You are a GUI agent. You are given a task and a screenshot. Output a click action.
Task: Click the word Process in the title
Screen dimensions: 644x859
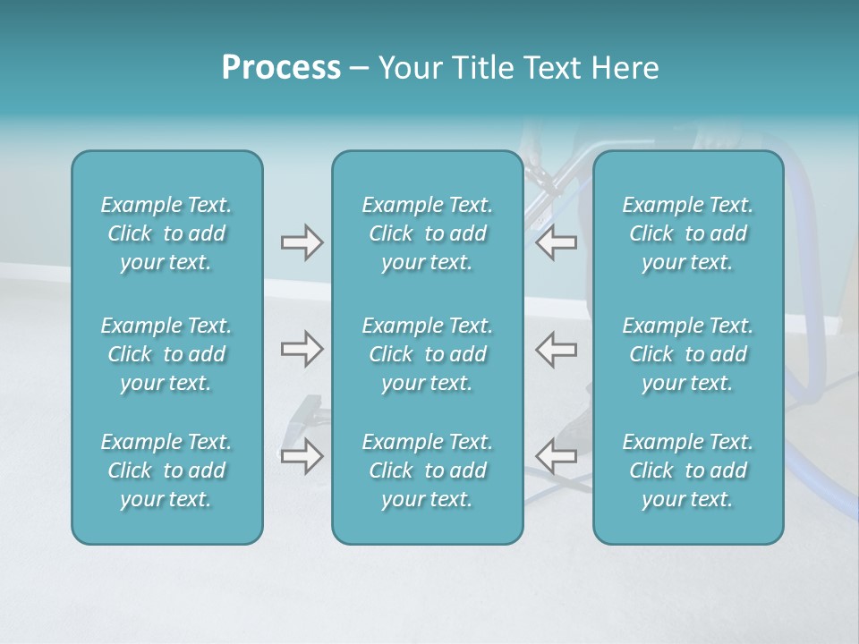point(281,68)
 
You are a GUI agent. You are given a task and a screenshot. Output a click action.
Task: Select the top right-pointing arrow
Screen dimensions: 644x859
point(302,242)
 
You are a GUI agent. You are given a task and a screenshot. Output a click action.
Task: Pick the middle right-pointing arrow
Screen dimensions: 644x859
point(302,349)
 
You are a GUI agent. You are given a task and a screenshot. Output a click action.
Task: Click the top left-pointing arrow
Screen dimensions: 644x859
point(557,242)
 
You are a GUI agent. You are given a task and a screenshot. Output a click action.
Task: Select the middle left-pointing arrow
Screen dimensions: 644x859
point(557,349)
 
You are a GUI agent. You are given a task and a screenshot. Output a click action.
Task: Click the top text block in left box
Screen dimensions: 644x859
point(166,233)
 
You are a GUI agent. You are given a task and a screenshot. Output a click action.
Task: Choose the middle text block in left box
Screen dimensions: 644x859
point(166,354)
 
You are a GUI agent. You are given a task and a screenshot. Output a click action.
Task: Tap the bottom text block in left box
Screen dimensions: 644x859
point(166,470)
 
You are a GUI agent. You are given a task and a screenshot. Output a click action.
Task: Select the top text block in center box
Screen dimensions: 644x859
point(427,233)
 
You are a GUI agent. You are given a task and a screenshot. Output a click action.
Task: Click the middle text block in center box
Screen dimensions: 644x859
point(427,354)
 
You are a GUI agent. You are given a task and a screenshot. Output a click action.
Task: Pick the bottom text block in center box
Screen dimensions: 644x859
point(427,470)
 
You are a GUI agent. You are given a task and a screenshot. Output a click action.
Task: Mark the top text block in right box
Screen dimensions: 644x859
point(687,233)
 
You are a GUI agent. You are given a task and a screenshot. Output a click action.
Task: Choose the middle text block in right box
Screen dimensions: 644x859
point(687,354)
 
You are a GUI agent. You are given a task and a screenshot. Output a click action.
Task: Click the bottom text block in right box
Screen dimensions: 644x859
point(687,470)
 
